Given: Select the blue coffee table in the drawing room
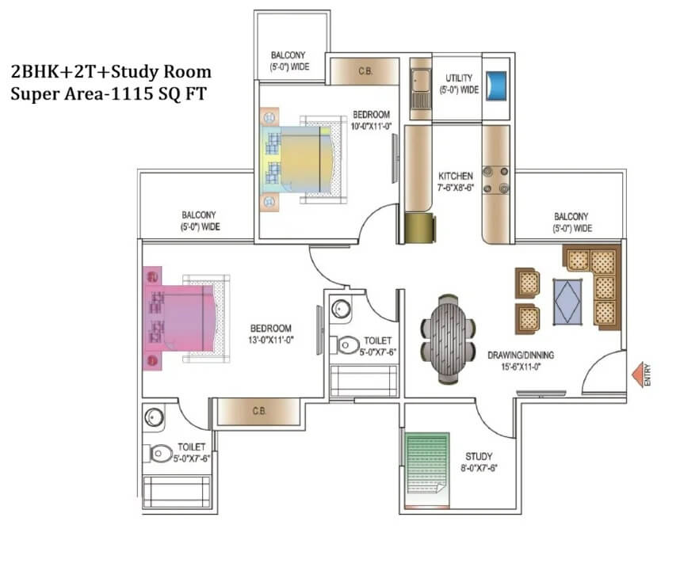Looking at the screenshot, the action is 567,302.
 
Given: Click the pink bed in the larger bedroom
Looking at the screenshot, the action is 180,318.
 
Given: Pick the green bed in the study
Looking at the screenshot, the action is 427,470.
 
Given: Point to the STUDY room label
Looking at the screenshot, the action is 479,456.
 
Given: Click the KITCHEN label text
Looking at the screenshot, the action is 456,176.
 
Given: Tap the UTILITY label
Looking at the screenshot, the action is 459,78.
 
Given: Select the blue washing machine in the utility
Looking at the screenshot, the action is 496,86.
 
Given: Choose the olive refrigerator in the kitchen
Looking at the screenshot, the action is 420,227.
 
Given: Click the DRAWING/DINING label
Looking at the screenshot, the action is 521,355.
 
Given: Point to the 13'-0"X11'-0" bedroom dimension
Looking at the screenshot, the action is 271,340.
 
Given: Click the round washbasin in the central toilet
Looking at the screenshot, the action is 342,309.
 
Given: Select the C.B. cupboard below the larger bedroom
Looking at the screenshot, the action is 258,411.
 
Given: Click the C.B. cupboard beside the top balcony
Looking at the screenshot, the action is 365,71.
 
